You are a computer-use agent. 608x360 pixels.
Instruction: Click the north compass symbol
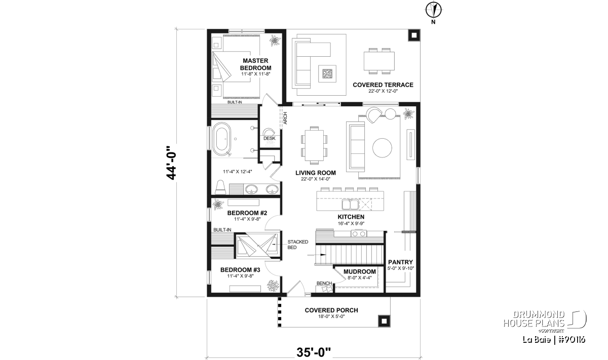(x=434, y=10)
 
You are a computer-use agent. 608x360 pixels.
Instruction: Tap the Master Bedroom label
(x=255, y=64)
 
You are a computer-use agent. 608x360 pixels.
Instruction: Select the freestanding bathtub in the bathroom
(x=221, y=139)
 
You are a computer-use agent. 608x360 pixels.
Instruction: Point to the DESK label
(x=269, y=138)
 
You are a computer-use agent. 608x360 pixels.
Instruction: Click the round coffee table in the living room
(x=382, y=148)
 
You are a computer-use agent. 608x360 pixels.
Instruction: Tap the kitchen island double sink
(x=350, y=205)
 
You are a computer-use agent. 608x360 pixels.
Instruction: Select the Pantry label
(x=400, y=262)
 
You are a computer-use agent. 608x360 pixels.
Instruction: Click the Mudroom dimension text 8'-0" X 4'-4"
(x=360, y=277)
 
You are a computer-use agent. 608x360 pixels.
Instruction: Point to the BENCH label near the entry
(x=324, y=283)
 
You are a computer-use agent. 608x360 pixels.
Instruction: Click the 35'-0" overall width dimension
(x=314, y=352)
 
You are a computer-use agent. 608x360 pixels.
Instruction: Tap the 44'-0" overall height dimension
(x=171, y=163)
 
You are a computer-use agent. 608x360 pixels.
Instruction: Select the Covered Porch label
(x=331, y=310)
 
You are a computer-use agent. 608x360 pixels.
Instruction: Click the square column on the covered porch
(x=384, y=321)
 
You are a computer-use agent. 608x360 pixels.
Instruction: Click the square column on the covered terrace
(x=414, y=35)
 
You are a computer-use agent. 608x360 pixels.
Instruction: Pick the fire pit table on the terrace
(x=327, y=73)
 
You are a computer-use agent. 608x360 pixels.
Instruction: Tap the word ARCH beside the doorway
(x=285, y=118)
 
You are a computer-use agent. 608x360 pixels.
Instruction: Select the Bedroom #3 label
(x=240, y=270)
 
